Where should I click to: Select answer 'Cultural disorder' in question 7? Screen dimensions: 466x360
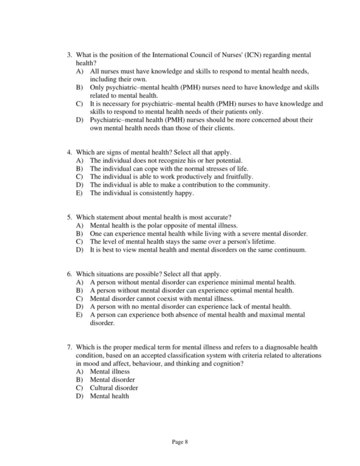(114, 388)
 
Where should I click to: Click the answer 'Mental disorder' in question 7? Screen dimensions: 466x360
(112, 380)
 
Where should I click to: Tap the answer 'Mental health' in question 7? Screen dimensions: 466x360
(109, 396)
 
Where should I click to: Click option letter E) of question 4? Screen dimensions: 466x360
(79, 193)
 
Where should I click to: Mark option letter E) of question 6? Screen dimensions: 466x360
(79, 314)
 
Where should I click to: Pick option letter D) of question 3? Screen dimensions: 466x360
(79, 120)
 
